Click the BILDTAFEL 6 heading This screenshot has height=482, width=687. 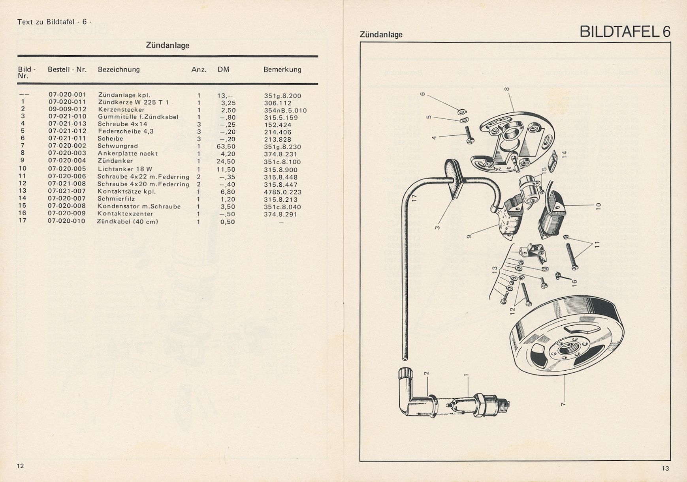(625, 32)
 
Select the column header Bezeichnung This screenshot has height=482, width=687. (119, 69)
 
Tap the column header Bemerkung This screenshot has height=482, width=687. (282, 69)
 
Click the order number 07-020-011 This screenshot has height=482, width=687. (67, 102)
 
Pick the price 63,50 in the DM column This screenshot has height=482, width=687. (226, 146)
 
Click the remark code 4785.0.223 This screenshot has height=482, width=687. (282, 192)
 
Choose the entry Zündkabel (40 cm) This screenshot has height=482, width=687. (127, 221)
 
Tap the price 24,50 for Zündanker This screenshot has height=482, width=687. (226, 161)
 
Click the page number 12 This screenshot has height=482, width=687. (20, 466)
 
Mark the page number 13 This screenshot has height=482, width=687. (665, 469)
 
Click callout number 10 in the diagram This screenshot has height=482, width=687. (598, 206)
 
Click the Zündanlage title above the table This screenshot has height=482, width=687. (168, 45)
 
